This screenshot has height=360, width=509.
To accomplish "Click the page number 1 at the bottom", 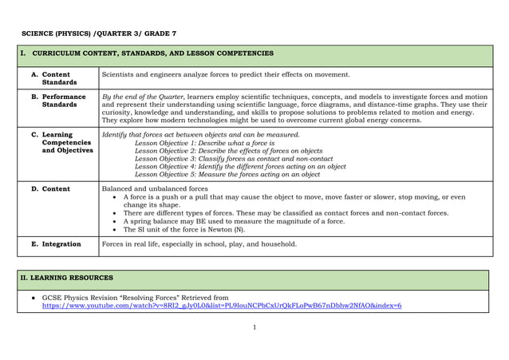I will click(x=254, y=327).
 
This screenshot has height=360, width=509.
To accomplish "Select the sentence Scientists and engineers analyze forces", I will click(x=226, y=74).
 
